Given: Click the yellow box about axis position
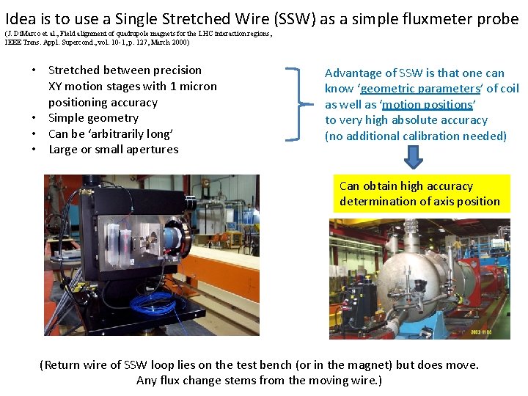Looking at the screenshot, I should point(421,194).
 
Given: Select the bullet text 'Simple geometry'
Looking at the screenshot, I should point(93,118).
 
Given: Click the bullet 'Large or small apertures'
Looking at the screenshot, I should point(114,150).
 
